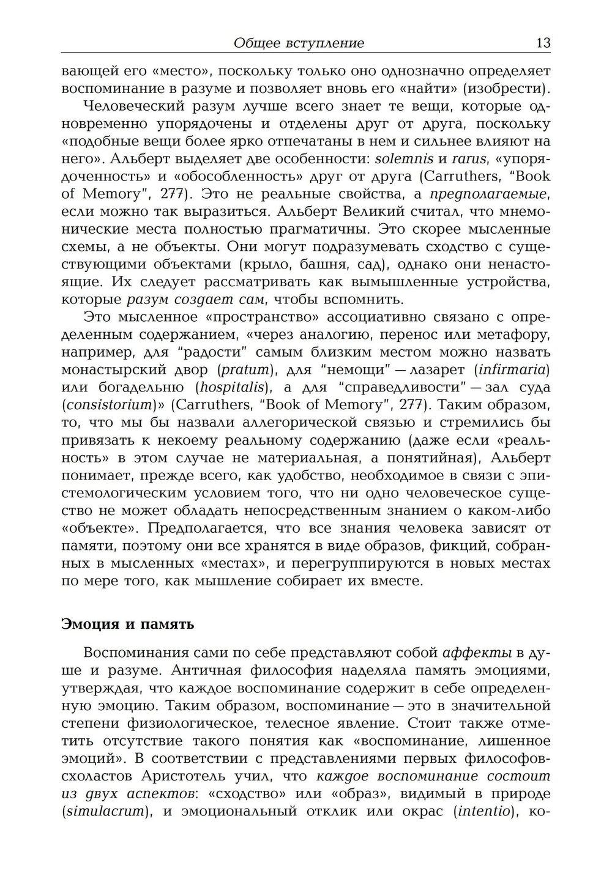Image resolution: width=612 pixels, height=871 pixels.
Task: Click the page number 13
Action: pyautogui.click(x=543, y=43)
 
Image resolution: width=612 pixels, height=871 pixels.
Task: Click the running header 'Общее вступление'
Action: pyautogui.click(x=299, y=43)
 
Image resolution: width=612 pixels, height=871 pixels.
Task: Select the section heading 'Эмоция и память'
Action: pyautogui.click(x=128, y=624)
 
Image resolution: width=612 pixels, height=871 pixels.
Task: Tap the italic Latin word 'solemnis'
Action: pyautogui.click(x=404, y=159)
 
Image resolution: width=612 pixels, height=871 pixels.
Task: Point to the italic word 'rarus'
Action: pyautogui.click(x=468, y=159)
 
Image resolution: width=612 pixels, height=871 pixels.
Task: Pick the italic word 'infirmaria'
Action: pyautogui.click(x=512, y=370)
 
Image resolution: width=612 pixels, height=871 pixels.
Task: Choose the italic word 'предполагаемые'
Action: pyautogui.click(x=486, y=195)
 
